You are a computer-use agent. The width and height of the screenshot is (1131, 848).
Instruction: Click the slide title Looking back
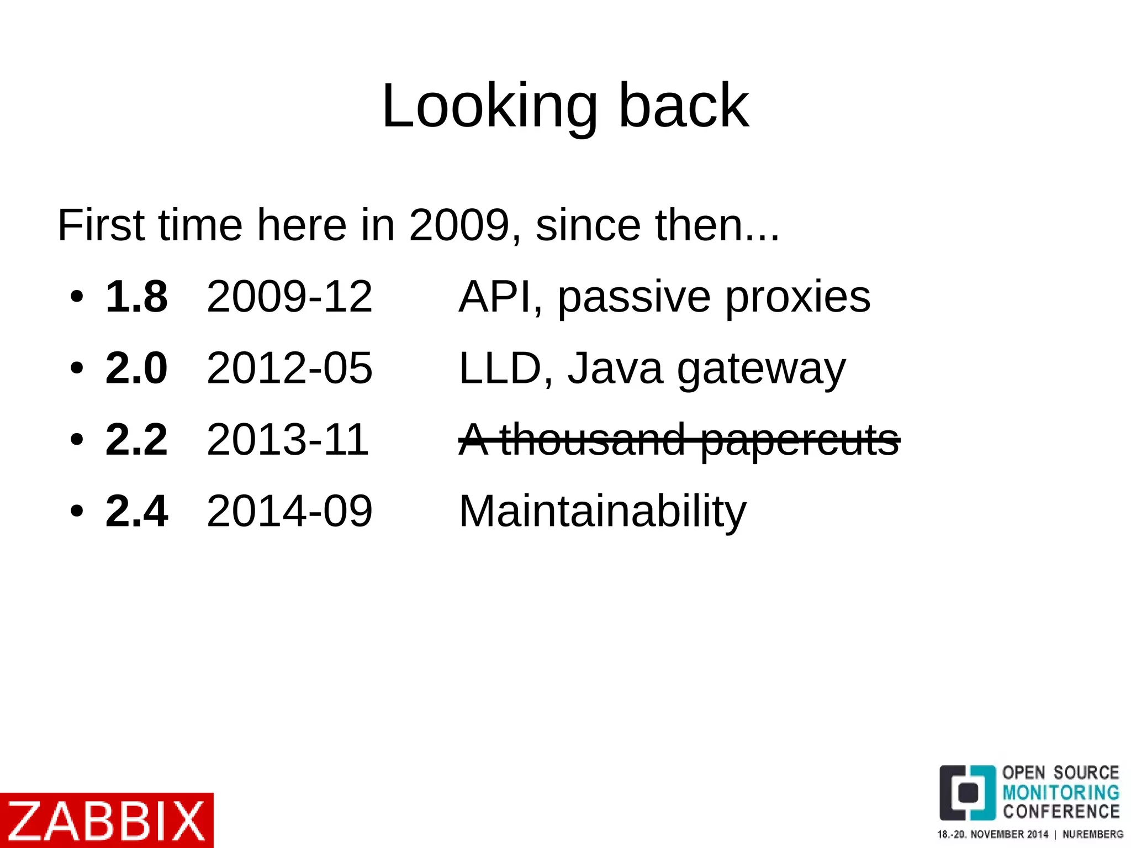coord(565,106)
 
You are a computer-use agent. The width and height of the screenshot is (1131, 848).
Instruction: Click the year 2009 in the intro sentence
coord(458,225)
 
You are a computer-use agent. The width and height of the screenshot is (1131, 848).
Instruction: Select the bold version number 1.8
coord(136,297)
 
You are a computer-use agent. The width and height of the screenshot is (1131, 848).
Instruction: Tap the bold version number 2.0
coord(136,368)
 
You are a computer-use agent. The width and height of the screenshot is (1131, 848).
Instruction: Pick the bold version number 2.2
coord(136,439)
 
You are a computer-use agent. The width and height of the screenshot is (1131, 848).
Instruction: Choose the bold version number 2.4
coord(136,511)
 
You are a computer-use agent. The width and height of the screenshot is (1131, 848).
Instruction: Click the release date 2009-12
coord(289,297)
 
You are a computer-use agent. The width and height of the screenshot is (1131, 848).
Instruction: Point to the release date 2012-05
coord(289,368)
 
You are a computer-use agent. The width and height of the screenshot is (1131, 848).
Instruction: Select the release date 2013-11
coord(288,439)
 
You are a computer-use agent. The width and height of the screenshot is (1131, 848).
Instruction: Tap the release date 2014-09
coord(289,511)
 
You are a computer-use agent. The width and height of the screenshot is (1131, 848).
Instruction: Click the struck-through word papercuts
coord(800,440)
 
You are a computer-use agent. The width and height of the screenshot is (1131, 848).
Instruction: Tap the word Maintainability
coord(603,511)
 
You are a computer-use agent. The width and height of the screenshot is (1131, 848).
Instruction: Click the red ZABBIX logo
coord(107,820)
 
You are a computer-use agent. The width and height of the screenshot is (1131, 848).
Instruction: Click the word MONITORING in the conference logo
coord(1061,792)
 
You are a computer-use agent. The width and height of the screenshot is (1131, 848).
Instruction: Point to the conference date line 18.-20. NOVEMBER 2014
coord(992,834)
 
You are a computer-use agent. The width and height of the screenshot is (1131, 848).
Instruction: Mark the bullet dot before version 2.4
coord(77,512)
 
